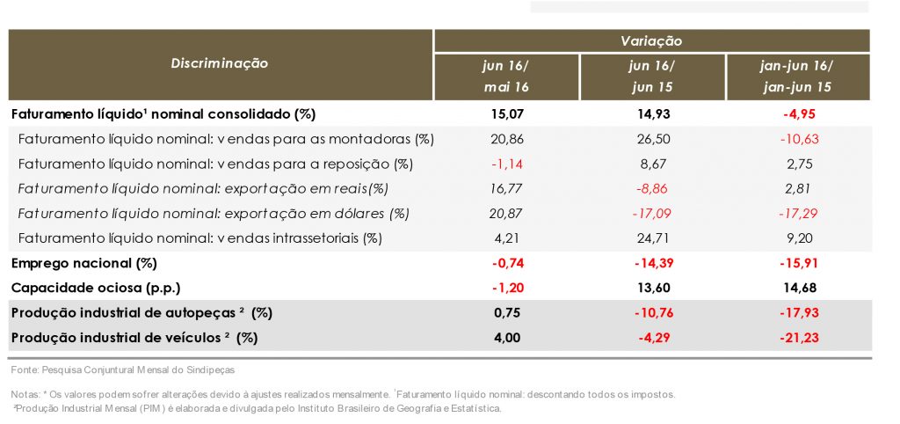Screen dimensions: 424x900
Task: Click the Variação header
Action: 651,40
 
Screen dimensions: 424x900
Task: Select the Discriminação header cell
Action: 220,63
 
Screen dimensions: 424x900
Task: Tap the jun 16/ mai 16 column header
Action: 506,77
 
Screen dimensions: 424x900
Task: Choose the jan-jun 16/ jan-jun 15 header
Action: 797,77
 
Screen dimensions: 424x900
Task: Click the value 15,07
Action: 506,113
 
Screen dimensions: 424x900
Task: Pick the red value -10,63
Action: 797,139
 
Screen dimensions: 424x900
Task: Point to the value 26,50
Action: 651,139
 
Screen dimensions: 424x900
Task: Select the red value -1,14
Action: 506,164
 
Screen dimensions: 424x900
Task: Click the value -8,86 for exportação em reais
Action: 651,188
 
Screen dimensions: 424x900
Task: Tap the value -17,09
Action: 651,213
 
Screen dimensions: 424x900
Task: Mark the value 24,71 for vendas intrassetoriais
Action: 651,238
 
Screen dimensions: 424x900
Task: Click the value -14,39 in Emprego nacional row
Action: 651,263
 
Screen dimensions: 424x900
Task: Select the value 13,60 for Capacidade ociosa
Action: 651,288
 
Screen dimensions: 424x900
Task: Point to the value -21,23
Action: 797,338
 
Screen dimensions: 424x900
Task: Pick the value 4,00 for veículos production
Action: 506,338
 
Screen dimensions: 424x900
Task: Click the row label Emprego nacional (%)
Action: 83,263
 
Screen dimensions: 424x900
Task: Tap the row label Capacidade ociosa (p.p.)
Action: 97,288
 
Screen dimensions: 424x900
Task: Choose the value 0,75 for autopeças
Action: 506,313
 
